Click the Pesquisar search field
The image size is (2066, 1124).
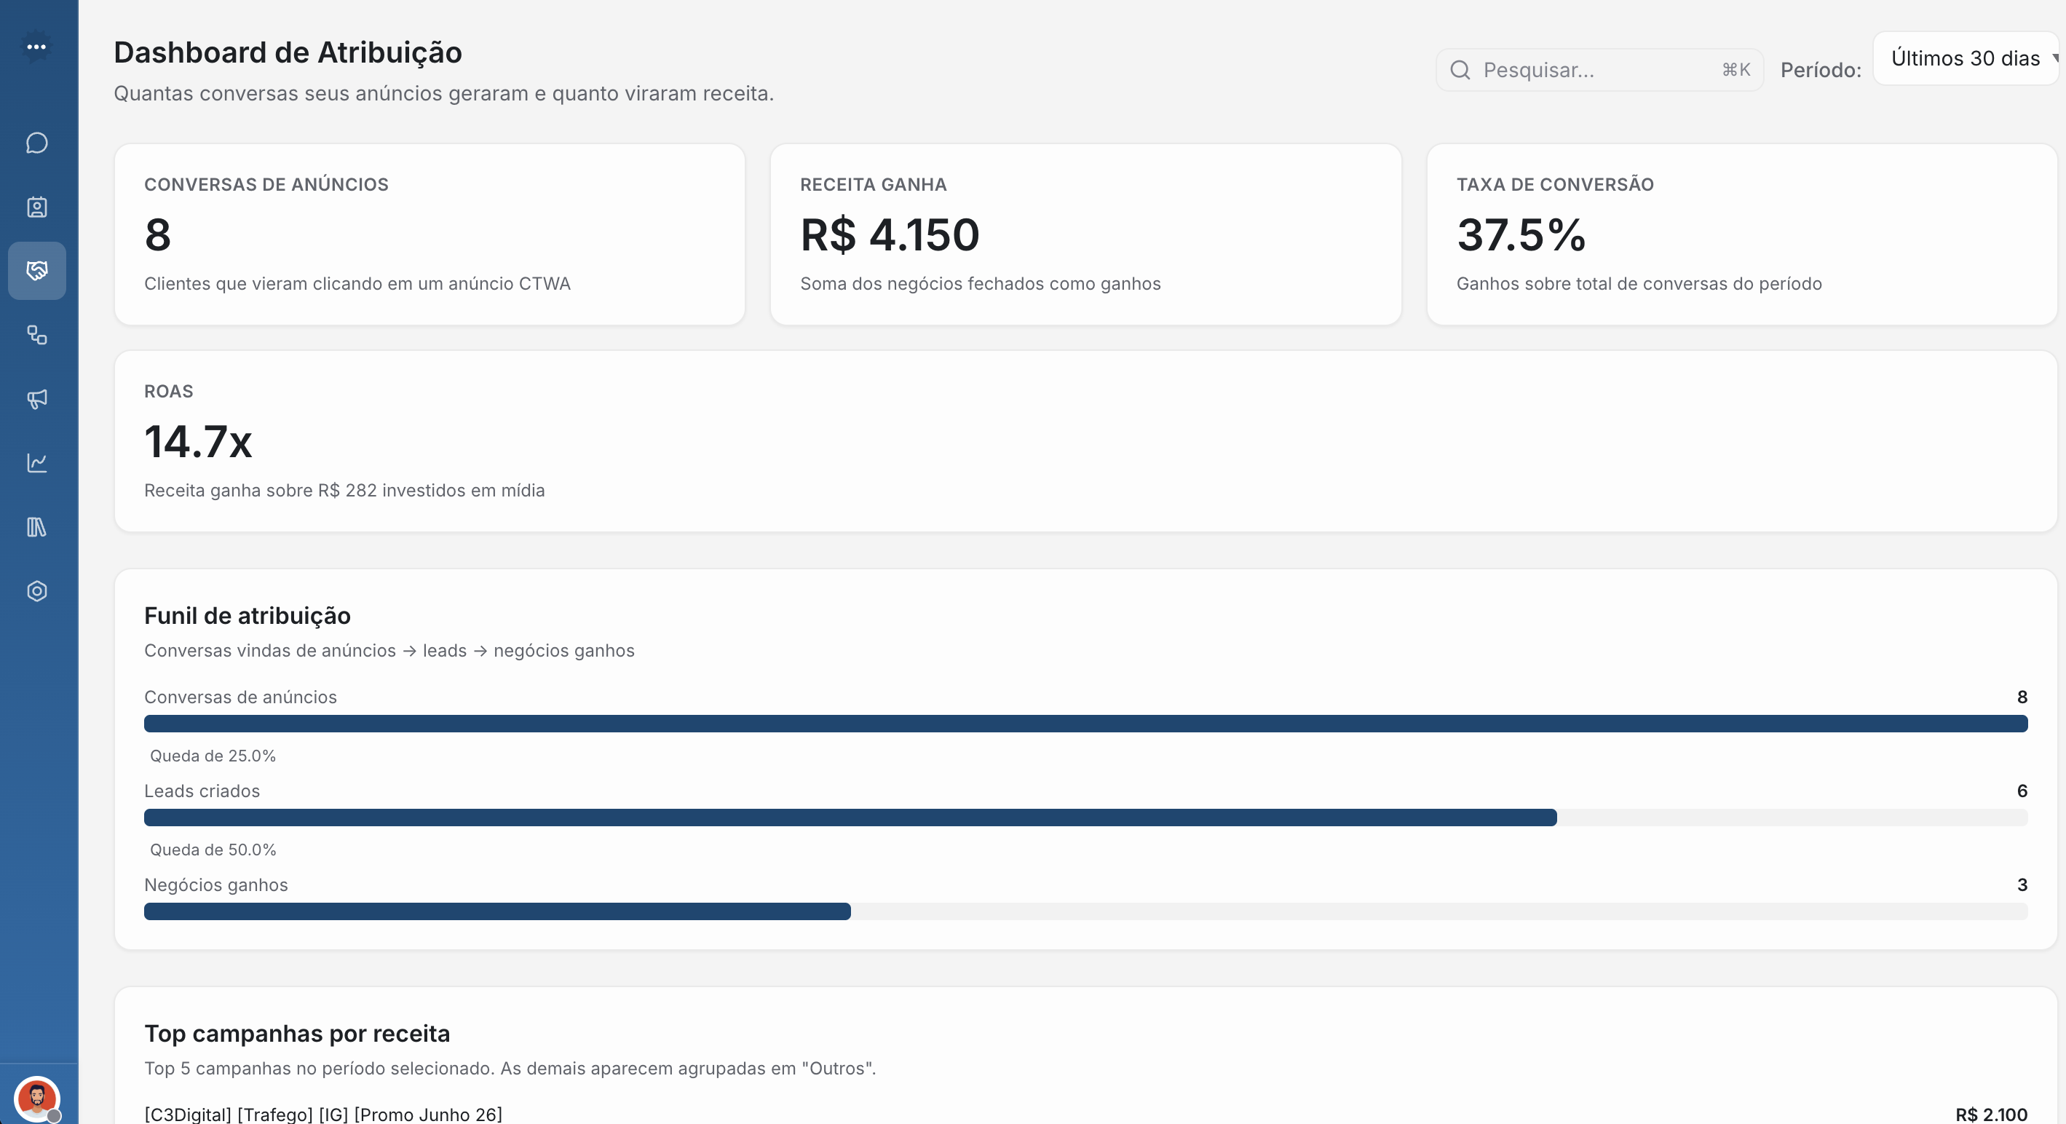pos(1596,70)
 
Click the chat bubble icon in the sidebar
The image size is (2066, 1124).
pos(37,143)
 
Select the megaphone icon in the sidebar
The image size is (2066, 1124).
pos(37,399)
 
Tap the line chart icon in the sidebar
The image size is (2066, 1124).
pos(37,463)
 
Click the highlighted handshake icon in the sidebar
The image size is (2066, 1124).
pos(37,270)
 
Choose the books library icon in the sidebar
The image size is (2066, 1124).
pos(37,527)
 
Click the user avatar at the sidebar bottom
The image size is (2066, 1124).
pos(37,1098)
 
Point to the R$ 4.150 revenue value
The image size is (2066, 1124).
pos(890,235)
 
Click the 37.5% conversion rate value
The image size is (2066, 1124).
pos(1521,235)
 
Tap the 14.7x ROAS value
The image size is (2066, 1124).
pos(198,442)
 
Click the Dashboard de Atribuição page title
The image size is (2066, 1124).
pos(288,53)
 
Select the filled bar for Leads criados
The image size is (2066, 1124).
pos(850,818)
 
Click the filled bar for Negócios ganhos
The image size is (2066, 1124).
pos(497,911)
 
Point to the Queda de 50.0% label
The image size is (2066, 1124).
pos(213,850)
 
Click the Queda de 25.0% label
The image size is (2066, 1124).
pos(213,756)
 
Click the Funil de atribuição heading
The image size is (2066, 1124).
pos(247,615)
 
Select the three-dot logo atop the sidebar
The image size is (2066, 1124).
pos(36,47)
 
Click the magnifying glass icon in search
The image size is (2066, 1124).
pos(1460,70)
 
